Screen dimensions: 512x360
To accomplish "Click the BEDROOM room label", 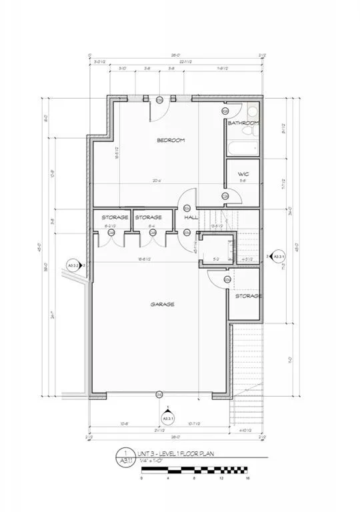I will pos(171,140).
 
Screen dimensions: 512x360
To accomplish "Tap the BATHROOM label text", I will pos(243,123).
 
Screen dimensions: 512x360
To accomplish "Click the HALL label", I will pos(191,217).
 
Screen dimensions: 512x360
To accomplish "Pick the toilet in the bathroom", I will pos(251,114).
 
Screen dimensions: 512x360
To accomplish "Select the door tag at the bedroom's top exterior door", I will pos(160,100).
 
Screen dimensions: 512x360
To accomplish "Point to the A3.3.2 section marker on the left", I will pos(75,265).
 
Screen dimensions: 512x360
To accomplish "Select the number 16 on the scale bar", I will pos(247,479).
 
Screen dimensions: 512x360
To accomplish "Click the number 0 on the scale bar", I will pos(141,479).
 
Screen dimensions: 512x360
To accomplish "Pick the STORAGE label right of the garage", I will pos(247,295).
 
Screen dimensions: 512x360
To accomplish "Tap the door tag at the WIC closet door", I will pos(225,195).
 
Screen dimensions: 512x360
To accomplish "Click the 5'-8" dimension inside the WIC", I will pos(243,181).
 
